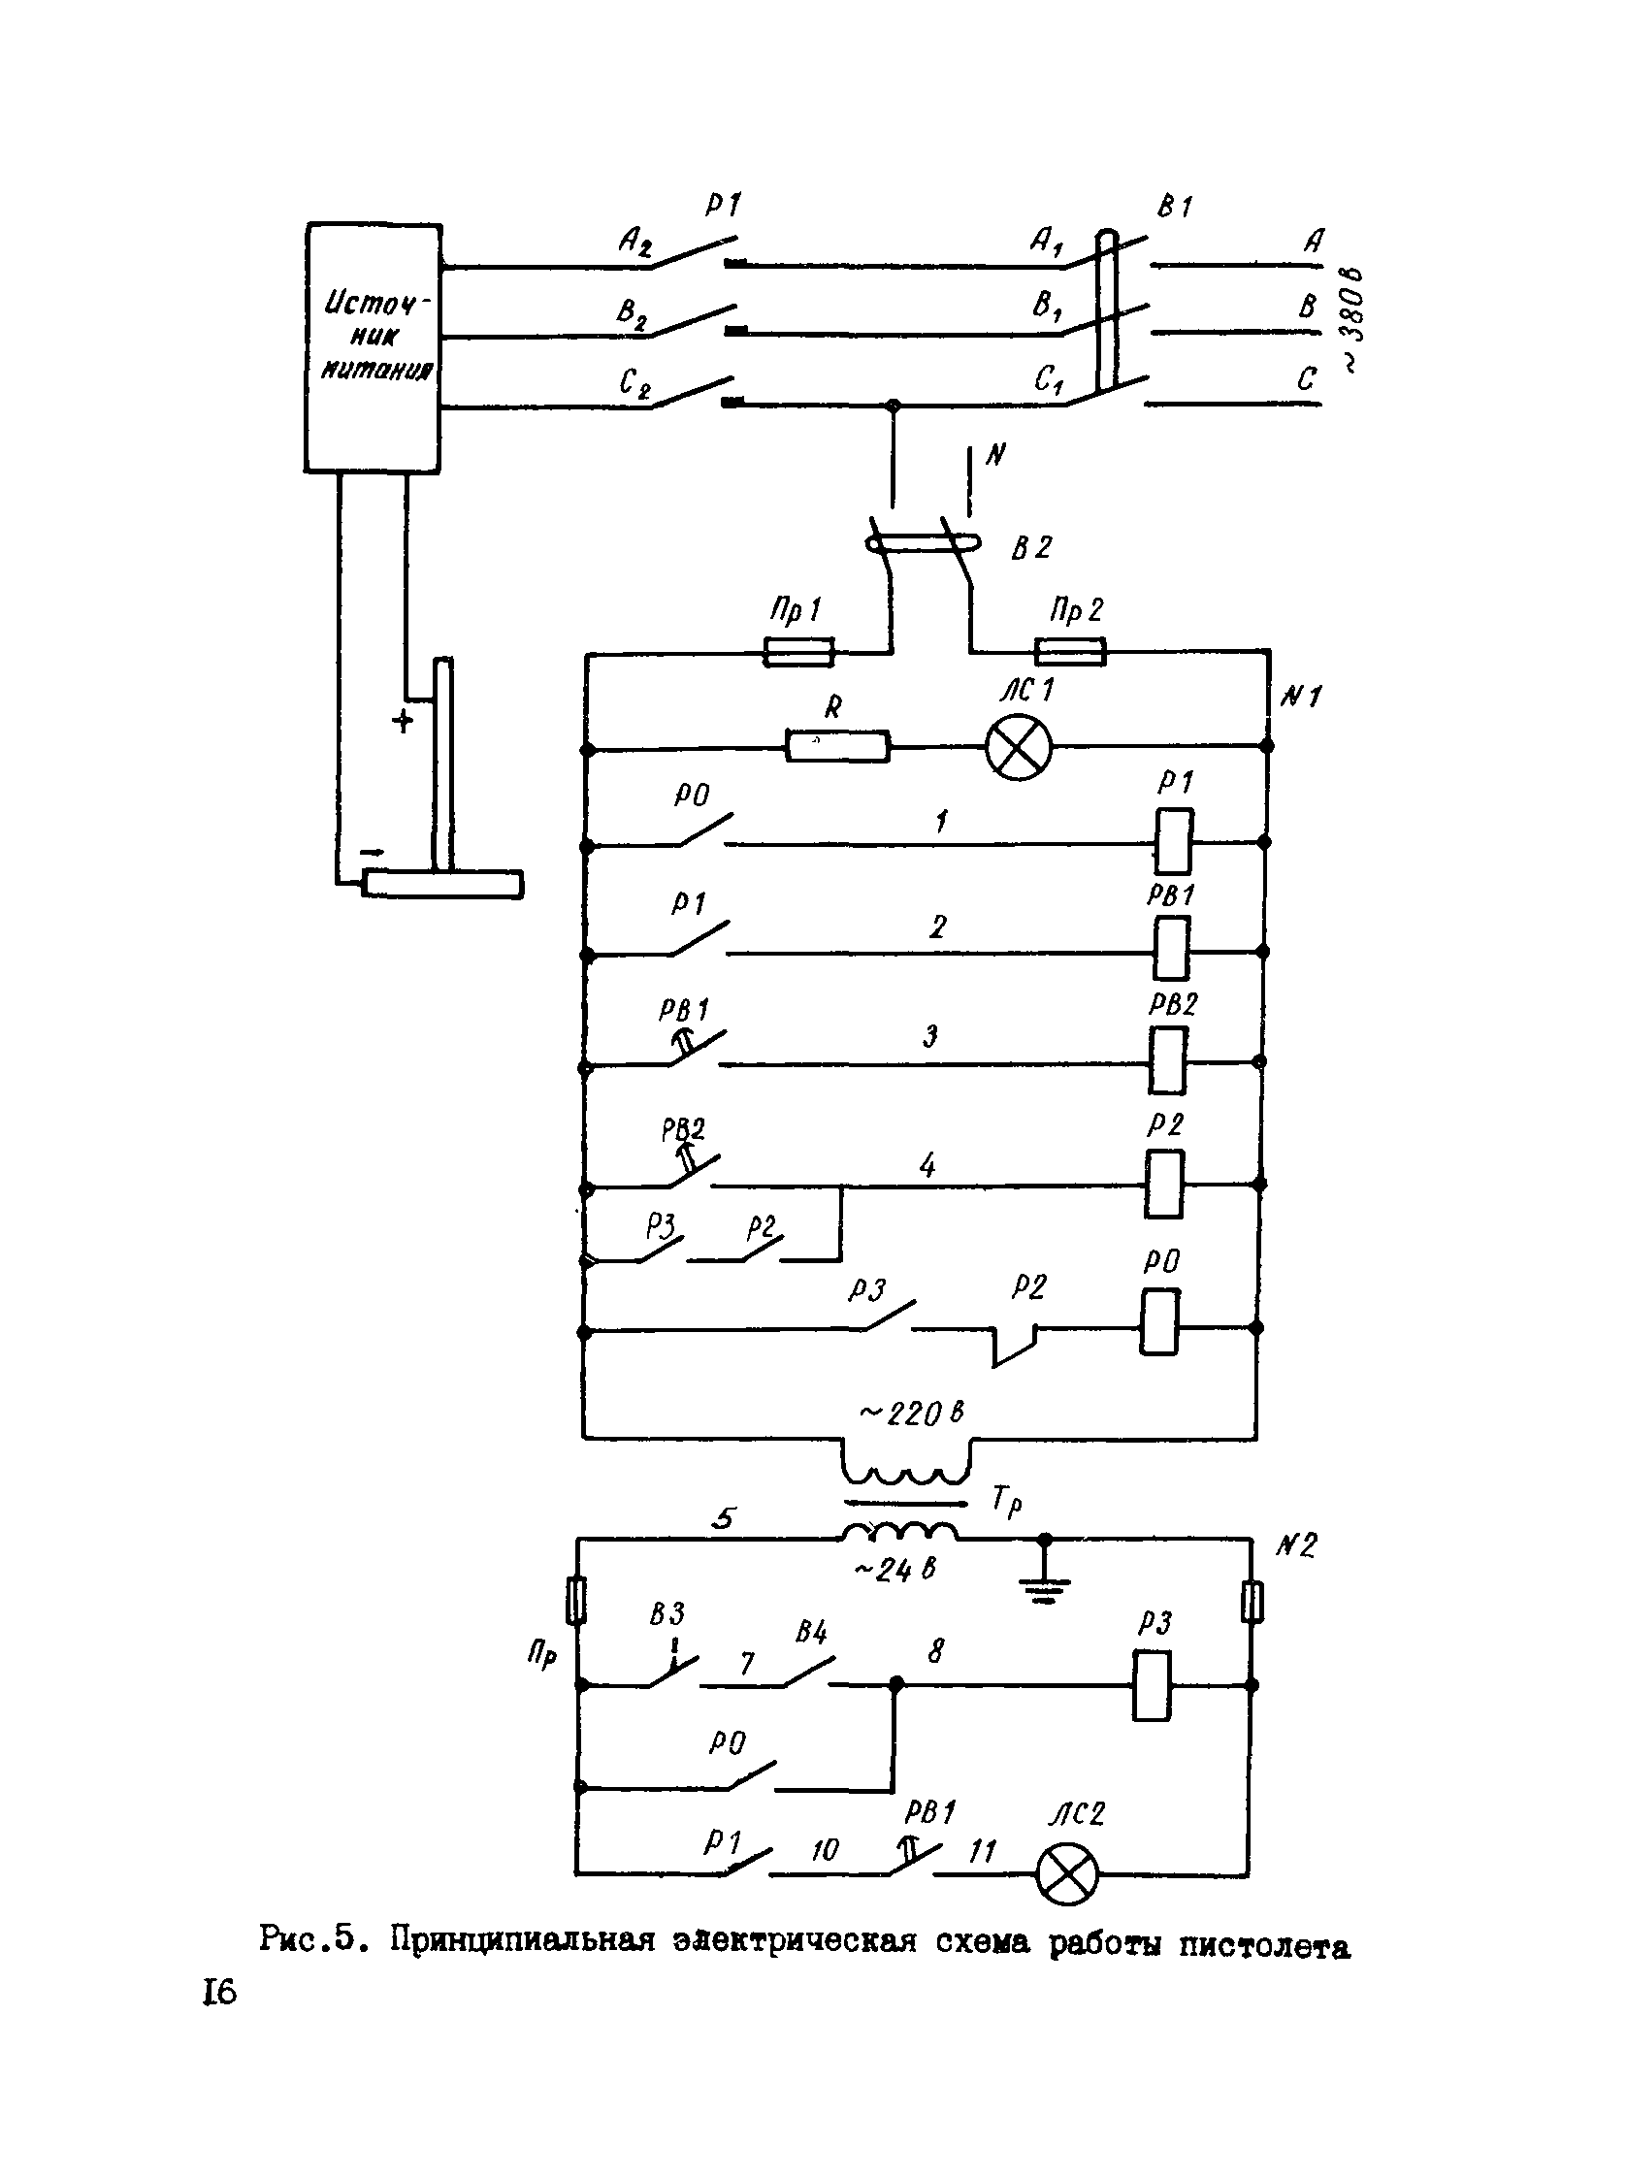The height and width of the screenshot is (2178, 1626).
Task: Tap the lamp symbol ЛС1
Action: pyautogui.click(x=1019, y=748)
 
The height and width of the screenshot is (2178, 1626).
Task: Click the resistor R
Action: pyautogui.click(x=837, y=746)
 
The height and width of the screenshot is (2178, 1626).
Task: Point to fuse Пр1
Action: pyautogui.click(x=798, y=652)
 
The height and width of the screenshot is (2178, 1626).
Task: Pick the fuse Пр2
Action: pyautogui.click(x=1070, y=652)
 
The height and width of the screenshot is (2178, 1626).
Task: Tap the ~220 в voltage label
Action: pyautogui.click(x=910, y=1414)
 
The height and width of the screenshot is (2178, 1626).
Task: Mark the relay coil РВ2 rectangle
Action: pyautogui.click(x=1168, y=1060)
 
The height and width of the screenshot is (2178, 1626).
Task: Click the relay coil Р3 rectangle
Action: pyautogui.click(x=1152, y=1686)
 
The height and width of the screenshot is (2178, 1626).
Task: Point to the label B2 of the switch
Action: pyautogui.click(x=1031, y=547)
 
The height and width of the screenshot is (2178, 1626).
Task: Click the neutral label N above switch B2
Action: pyautogui.click(x=995, y=455)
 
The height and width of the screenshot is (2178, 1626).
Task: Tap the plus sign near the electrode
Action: pyautogui.click(x=403, y=722)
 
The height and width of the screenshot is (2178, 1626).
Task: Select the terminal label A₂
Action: pyautogui.click(x=634, y=242)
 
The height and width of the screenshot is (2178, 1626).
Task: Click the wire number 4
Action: pyautogui.click(x=927, y=1166)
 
